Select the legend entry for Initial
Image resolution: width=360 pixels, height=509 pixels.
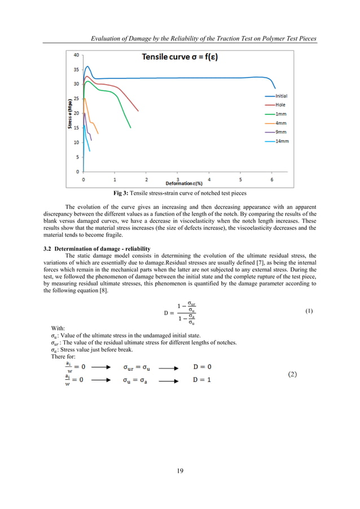280,96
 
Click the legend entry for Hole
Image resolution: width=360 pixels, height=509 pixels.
280,105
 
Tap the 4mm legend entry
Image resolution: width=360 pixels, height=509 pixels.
280,123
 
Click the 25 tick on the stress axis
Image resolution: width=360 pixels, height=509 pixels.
76,99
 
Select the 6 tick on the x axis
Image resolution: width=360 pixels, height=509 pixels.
272,179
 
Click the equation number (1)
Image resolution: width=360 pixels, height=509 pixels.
309,311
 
